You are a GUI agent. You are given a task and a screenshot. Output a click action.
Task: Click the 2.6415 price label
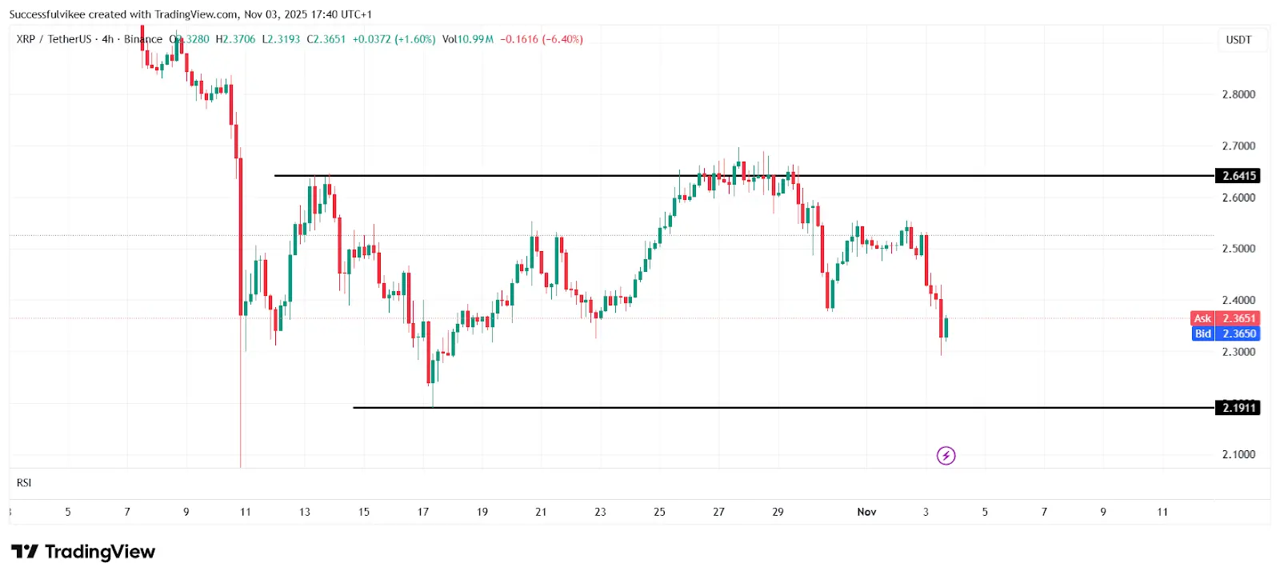click(1238, 176)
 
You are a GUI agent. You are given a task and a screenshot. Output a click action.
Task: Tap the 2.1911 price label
click(1238, 408)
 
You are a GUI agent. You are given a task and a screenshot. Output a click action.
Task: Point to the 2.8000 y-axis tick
click(1238, 94)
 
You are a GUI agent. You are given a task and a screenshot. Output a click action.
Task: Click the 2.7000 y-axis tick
click(1238, 146)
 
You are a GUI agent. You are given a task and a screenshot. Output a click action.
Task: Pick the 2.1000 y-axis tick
click(1238, 454)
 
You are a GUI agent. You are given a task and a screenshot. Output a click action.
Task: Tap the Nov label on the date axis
click(866, 512)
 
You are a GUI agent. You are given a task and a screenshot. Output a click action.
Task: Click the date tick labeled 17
click(423, 512)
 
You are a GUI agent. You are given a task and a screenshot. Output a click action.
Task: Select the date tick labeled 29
click(778, 512)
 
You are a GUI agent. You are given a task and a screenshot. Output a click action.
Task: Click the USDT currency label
click(1238, 40)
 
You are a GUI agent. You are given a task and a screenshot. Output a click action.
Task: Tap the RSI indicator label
click(24, 483)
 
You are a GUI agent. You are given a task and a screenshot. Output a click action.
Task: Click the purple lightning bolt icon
click(946, 456)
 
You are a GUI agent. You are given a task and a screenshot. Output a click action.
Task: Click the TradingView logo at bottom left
click(83, 552)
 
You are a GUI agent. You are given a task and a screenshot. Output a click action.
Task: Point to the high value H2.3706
click(235, 39)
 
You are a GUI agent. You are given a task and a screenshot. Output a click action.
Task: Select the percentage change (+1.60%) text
click(415, 39)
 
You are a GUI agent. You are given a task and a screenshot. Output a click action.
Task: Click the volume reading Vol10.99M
click(468, 39)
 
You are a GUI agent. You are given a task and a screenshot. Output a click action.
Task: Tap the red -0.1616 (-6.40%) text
click(542, 39)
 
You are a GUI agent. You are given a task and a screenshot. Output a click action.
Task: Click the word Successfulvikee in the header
click(46, 14)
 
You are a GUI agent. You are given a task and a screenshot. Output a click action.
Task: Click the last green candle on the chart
click(946, 328)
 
